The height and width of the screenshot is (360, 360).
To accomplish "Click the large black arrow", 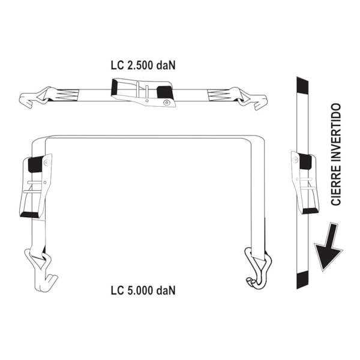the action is [329, 247].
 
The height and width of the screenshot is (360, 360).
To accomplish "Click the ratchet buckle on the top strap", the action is [143, 92].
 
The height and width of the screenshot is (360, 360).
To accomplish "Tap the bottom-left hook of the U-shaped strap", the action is [41, 271].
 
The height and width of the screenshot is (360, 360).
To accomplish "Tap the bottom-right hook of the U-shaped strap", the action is [258, 268].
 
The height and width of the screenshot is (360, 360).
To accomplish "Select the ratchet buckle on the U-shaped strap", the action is [35, 186].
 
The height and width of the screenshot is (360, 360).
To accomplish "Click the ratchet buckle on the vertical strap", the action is [305, 182].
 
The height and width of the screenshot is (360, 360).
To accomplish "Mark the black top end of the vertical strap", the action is [302, 85].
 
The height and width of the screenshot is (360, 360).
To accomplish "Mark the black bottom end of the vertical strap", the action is [302, 280].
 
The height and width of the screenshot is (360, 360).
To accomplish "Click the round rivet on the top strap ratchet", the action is [166, 103].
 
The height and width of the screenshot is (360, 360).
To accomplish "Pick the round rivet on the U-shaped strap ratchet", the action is [47, 163].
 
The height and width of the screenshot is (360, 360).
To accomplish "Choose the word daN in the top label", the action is [166, 65].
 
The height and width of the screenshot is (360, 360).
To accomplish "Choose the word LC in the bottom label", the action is [117, 290].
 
